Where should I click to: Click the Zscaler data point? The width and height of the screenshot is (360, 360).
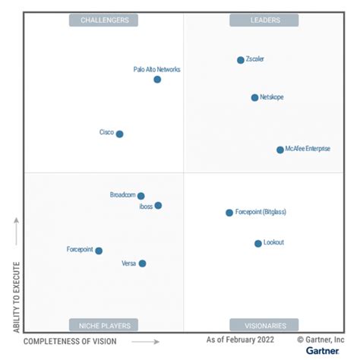241,60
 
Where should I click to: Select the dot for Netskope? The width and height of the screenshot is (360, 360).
254,97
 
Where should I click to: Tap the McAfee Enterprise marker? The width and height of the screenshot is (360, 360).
280,150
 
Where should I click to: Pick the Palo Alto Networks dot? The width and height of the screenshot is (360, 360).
157,79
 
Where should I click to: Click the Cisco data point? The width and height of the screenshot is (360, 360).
119,134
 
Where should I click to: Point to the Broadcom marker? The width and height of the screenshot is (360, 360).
141,196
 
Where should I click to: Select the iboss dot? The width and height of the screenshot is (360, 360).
158,205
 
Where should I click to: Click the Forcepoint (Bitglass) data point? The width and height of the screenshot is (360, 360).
229,213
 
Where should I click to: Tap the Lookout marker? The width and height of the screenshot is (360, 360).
258,243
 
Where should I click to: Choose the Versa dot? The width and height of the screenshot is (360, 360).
142,264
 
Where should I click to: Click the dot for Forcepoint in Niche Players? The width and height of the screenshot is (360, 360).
99,251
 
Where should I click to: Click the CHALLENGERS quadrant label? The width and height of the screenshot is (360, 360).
103,21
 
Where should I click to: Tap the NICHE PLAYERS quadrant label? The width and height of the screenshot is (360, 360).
103,325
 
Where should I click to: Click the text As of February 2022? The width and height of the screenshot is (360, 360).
242,339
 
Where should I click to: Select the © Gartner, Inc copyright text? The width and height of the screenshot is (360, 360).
320,339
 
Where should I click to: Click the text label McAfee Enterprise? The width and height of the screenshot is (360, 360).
308,150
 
